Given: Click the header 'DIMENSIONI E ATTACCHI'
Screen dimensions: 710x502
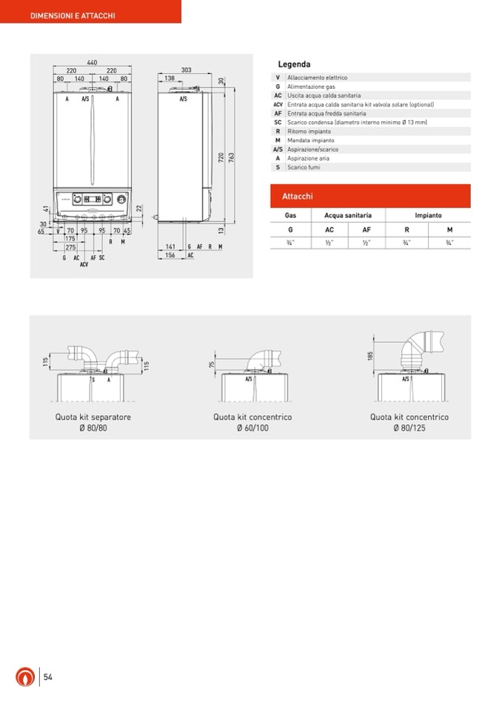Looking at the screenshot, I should [73, 16].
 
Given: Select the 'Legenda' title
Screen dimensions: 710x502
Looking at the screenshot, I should [294, 64].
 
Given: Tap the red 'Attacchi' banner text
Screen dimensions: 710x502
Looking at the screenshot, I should [297, 196].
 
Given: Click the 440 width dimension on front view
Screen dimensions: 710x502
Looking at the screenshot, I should [92, 62].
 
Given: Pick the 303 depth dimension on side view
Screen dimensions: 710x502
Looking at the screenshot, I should [186, 70].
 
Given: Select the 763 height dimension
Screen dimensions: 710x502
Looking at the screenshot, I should [231, 157].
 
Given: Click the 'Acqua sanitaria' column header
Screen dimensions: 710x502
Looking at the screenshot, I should [348, 215].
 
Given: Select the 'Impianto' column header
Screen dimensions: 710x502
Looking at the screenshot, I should [428, 215].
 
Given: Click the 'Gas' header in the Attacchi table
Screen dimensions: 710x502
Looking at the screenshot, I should [290, 215].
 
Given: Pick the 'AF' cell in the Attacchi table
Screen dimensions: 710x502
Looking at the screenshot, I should [367, 230].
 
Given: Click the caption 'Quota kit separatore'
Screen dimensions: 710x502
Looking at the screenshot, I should [93, 417].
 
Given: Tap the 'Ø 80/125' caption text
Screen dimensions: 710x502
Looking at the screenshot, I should [409, 428].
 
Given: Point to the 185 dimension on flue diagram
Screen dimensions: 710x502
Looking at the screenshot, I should [369, 355].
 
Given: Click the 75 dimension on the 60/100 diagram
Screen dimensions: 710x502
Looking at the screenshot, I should [212, 364].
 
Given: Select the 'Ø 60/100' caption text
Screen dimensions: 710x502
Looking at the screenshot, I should [252, 428].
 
